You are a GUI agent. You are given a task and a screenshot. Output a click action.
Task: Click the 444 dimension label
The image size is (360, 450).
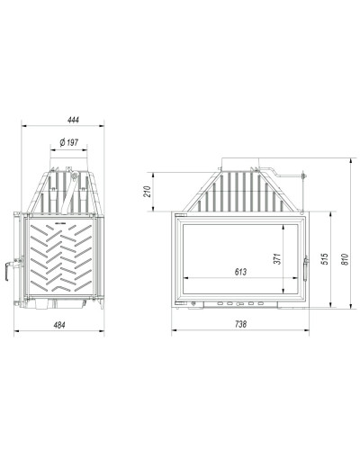pyautogui.click(x=73, y=120)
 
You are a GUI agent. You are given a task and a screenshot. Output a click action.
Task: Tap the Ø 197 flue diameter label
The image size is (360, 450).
pyautogui.click(x=68, y=142)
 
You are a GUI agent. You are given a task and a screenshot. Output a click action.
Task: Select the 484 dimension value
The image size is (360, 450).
pyautogui.click(x=59, y=325)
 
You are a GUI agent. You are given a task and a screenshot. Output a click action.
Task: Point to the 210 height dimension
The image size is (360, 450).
pyautogui.click(x=148, y=192)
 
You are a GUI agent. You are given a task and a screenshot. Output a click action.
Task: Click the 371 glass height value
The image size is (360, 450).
pyautogui.click(x=278, y=258)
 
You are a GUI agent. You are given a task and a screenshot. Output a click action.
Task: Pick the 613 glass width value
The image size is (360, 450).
pyautogui.click(x=240, y=272)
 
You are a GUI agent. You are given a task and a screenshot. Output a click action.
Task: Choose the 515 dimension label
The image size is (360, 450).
pyautogui.click(x=324, y=259)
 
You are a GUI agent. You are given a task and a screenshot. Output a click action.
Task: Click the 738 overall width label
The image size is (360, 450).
pyautogui.click(x=240, y=324)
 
